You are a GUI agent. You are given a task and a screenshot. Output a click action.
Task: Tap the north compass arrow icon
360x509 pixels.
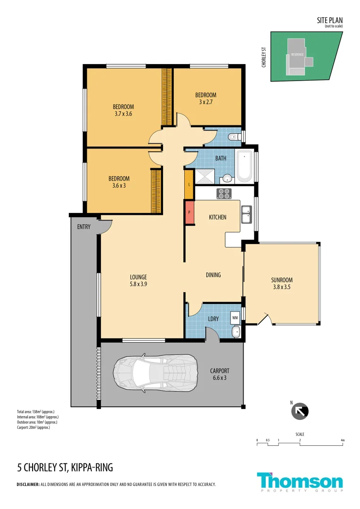click(300, 411)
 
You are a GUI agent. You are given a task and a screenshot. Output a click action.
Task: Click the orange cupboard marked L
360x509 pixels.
click(189, 184)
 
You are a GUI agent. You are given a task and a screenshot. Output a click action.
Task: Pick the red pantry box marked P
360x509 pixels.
click(189, 213)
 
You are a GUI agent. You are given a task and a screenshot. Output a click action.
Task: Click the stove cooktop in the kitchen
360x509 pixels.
click(224, 193)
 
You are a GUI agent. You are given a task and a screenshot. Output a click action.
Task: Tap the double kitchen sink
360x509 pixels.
click(246, 214)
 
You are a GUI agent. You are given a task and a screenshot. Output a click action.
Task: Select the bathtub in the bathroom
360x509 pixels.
click(244, 166)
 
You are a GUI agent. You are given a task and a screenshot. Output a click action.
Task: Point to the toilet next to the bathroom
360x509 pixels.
click(233, 137)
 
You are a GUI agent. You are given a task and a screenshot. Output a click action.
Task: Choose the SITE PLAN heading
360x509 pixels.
click(330, 20)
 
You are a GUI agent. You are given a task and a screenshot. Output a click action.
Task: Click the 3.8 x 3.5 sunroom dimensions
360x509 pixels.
click(282, 287)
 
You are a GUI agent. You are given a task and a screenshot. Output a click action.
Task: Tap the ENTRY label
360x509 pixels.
click(84, 227)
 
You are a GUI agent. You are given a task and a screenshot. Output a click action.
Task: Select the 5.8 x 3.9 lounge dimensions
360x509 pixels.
click(139, 284)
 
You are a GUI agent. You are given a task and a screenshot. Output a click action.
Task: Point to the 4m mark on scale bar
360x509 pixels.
click(343, 440)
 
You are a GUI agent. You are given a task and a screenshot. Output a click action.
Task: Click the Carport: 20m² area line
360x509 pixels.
click(33, 427)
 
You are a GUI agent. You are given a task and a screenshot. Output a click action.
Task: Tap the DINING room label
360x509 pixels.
click(213, 275)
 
